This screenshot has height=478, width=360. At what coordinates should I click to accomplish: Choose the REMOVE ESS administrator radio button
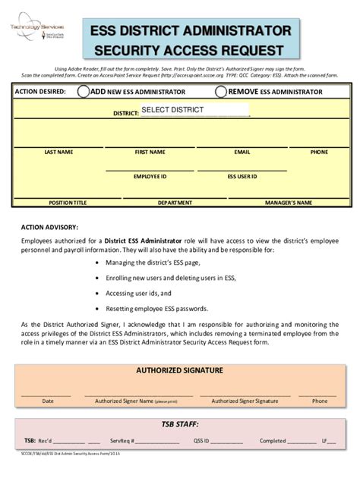221,92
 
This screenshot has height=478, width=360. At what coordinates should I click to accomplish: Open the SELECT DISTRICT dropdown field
194,110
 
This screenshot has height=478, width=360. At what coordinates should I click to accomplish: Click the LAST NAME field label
58,152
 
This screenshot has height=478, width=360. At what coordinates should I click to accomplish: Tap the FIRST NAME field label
150,152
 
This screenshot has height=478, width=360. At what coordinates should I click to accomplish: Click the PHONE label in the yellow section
319,152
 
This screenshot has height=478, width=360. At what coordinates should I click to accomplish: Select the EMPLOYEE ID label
150,176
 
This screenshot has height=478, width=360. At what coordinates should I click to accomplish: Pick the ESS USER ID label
242,176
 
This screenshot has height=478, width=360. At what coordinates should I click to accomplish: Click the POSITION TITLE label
68,203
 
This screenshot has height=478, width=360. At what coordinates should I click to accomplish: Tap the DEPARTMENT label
175,203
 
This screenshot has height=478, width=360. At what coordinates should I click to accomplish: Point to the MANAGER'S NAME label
288,203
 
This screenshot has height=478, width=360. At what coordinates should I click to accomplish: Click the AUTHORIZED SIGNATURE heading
179,370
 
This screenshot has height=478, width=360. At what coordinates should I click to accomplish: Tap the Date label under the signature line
48,401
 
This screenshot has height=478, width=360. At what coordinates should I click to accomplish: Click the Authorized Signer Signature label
245,401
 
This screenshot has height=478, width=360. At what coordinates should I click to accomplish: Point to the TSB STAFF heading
179,425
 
